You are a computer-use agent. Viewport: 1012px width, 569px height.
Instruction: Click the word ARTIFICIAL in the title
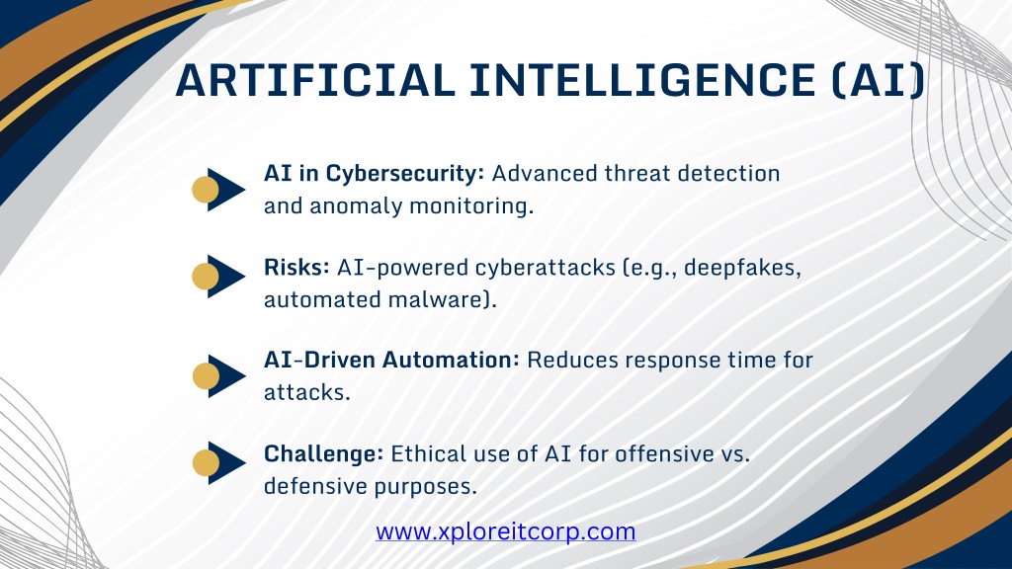315,81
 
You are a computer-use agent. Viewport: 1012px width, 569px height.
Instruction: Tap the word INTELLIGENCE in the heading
642,81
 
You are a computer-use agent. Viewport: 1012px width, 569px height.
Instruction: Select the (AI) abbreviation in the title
879,81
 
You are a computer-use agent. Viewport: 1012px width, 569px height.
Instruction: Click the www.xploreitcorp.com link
505,531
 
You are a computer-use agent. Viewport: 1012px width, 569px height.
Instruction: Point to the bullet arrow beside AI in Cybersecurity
218,190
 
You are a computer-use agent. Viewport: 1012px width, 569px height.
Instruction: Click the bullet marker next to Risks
218,277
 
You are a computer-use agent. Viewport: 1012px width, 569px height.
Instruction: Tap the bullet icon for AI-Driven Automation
218,376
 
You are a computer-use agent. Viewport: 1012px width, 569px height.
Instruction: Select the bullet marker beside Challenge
218,462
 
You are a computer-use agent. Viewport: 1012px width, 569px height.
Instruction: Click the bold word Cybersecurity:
404,174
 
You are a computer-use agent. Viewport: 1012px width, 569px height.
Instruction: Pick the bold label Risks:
296,267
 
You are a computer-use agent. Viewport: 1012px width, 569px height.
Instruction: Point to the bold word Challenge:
324,454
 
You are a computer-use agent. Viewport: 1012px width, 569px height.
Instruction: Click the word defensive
315,486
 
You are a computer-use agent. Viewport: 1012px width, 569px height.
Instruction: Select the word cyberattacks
545,267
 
